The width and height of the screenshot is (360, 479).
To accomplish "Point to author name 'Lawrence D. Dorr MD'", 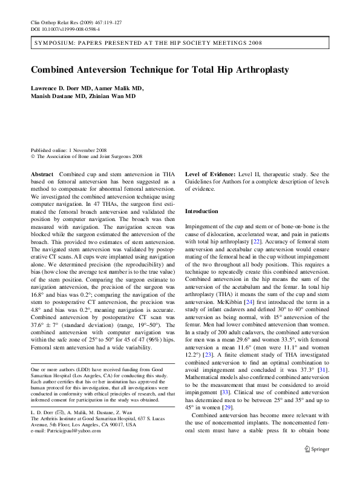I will (61, 88).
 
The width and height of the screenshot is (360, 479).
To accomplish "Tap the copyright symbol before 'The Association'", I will (33, 156).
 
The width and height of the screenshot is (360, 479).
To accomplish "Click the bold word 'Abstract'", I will (42, 173).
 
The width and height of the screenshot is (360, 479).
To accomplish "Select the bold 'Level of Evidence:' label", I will (210, 173).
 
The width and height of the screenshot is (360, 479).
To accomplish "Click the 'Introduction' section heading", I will (201, 211).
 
